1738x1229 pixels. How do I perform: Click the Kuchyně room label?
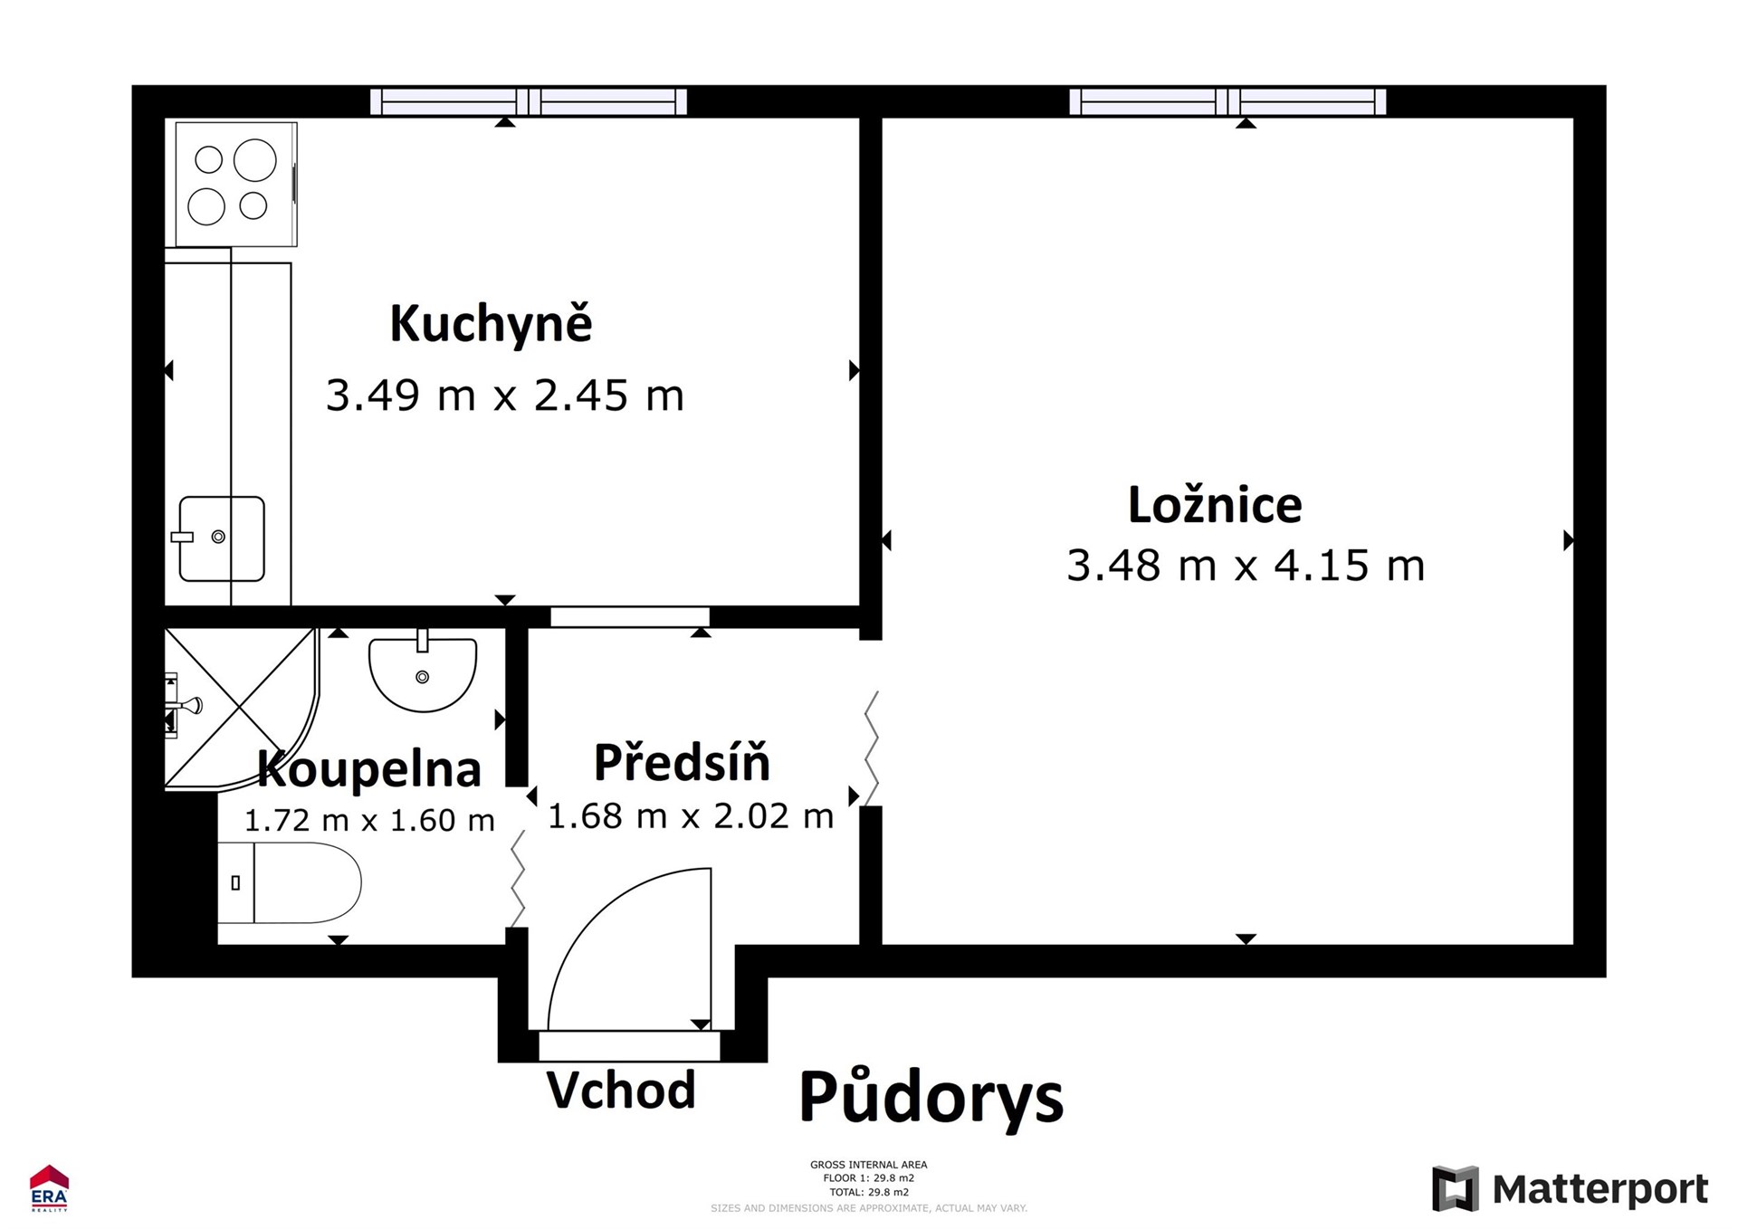[x=491, y=324]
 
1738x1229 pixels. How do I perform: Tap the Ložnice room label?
[x=1215, y=505]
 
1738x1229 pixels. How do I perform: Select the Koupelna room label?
[x=369, y=769]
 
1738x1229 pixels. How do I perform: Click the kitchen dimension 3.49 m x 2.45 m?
[x=505, y=395]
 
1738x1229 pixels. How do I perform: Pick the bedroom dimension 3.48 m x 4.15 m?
[x=1246, y=566]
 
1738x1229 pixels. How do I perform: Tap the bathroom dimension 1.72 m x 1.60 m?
[x=369, y=820]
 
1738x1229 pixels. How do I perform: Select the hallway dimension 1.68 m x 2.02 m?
[x=691, y=816]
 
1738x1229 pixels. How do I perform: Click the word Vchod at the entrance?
[x=621, y=1090]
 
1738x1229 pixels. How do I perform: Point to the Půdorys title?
[x=931, y=1098]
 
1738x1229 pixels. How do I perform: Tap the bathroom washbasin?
[x=423, y=672]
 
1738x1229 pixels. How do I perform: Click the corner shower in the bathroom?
[x=241, y=708]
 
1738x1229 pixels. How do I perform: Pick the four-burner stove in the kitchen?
[x=235, y=184]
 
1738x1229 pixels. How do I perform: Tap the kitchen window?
[x=529, y=101]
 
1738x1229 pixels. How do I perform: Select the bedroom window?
[x=1227, y=101]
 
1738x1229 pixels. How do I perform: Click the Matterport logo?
[x=1571, y=1188]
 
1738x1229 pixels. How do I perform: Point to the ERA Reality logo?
[x=49, y=1188]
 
